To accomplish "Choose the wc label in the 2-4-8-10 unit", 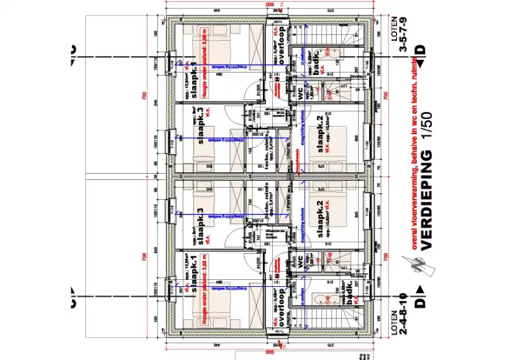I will click(298, 261).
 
